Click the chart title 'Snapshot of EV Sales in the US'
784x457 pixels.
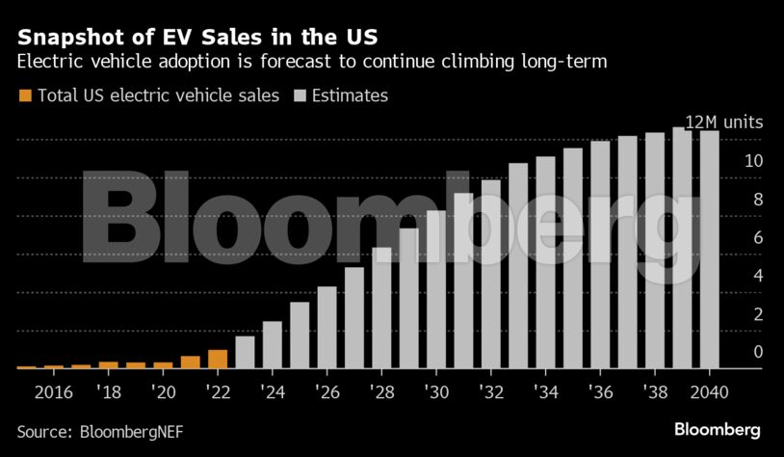click(x=197, y=38)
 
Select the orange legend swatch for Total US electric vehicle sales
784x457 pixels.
click(x=25, y=95)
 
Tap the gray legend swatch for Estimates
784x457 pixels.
click(x=298, y=95)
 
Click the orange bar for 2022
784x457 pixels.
click(x=218, y=359)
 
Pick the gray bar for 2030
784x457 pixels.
click(x=436, y=289)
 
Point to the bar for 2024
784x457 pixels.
click(x=273, y=344)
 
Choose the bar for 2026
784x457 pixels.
click(x=327, y=327)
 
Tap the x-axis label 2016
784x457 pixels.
click(x=54, y=393)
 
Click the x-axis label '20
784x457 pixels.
click(x=163, y=393)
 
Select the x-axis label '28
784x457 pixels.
click(x=381, y=393)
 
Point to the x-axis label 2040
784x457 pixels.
click(x=710, y=393)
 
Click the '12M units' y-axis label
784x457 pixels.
click(x=723, y=122)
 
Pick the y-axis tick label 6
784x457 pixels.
click(x=759, y=237)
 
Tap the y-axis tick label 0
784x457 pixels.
click(x=759, y=352)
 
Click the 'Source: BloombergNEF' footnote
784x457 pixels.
click(x=98, y=430)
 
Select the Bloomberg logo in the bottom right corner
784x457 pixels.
click(x=718, y=429)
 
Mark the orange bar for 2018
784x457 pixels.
click(x=109, y=364)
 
